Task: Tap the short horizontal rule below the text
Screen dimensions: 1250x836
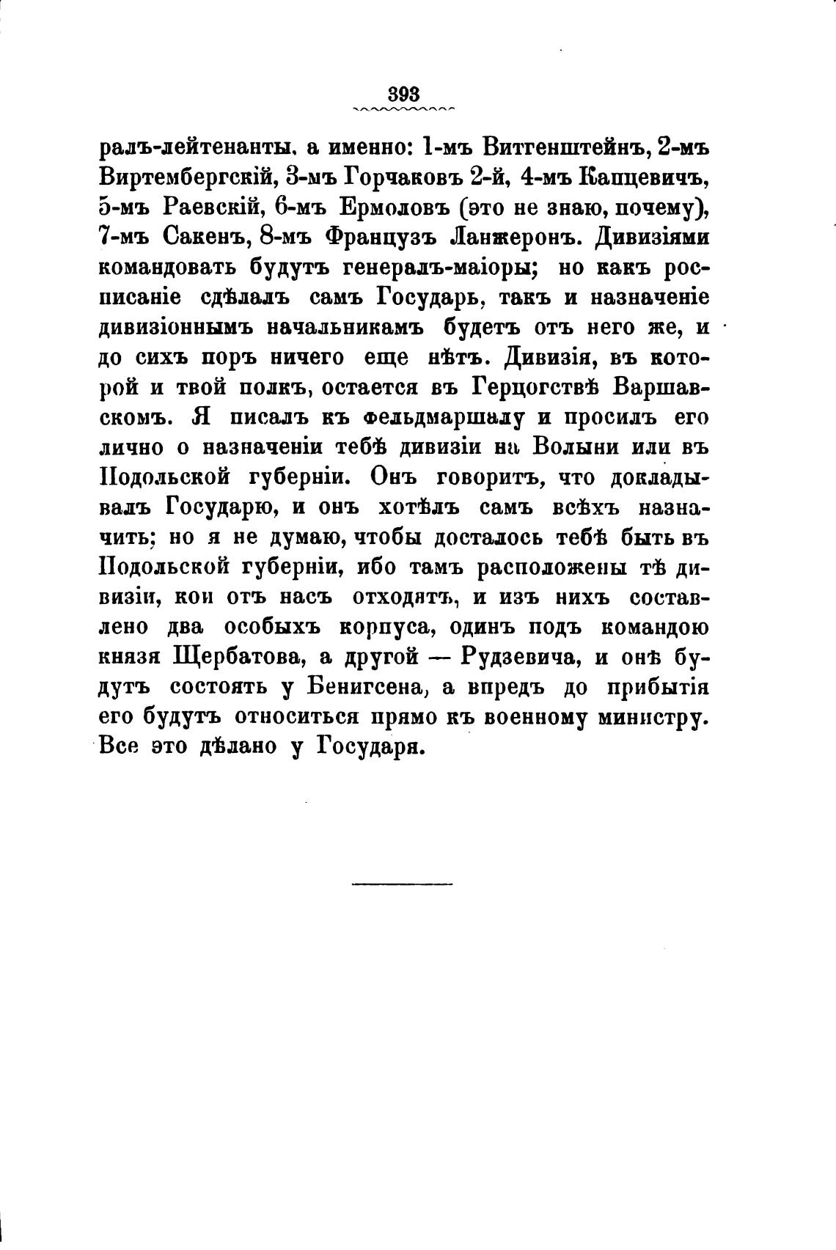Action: click(402, 884)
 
